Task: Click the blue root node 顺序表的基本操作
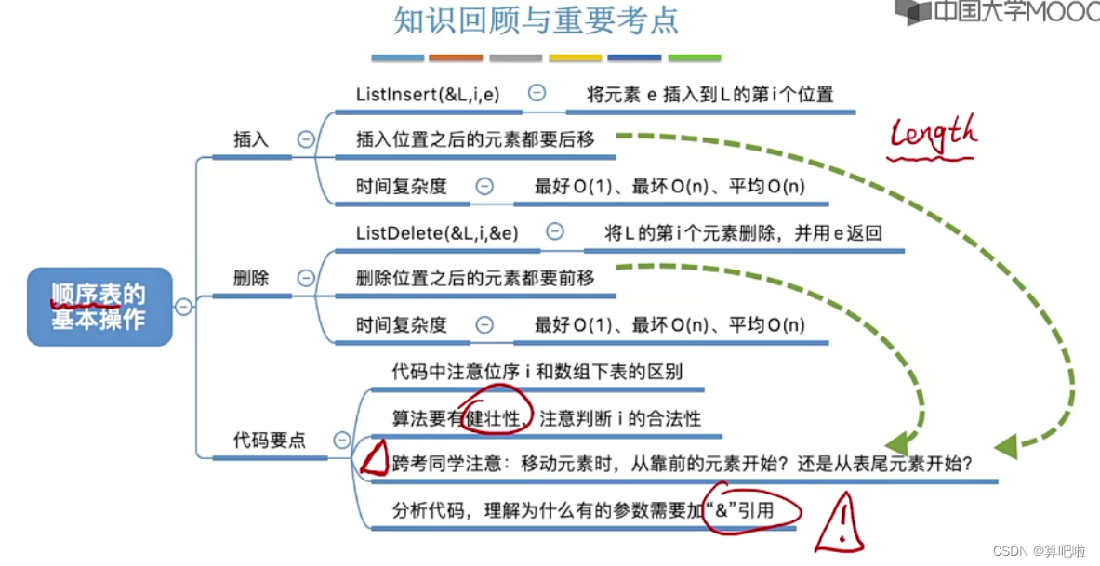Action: point(99,307)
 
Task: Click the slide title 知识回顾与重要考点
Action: point(537,20)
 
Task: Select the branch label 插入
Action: point(251,140)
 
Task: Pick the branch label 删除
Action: point(251,278)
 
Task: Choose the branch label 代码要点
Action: point(270,441)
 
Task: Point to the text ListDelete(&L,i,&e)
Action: point(437,232)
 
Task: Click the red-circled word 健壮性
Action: point(499,418)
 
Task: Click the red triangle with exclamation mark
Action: point(841,525)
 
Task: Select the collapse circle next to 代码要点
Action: point(342,441)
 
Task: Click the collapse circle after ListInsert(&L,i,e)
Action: point(537,93)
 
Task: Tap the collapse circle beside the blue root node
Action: point(184,307)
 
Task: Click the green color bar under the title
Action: point(695,59)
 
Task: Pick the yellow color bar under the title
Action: point(575,59)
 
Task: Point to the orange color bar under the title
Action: point(456,59)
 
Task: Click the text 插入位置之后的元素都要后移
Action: point(474,140)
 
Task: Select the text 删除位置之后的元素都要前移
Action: point(474,278)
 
